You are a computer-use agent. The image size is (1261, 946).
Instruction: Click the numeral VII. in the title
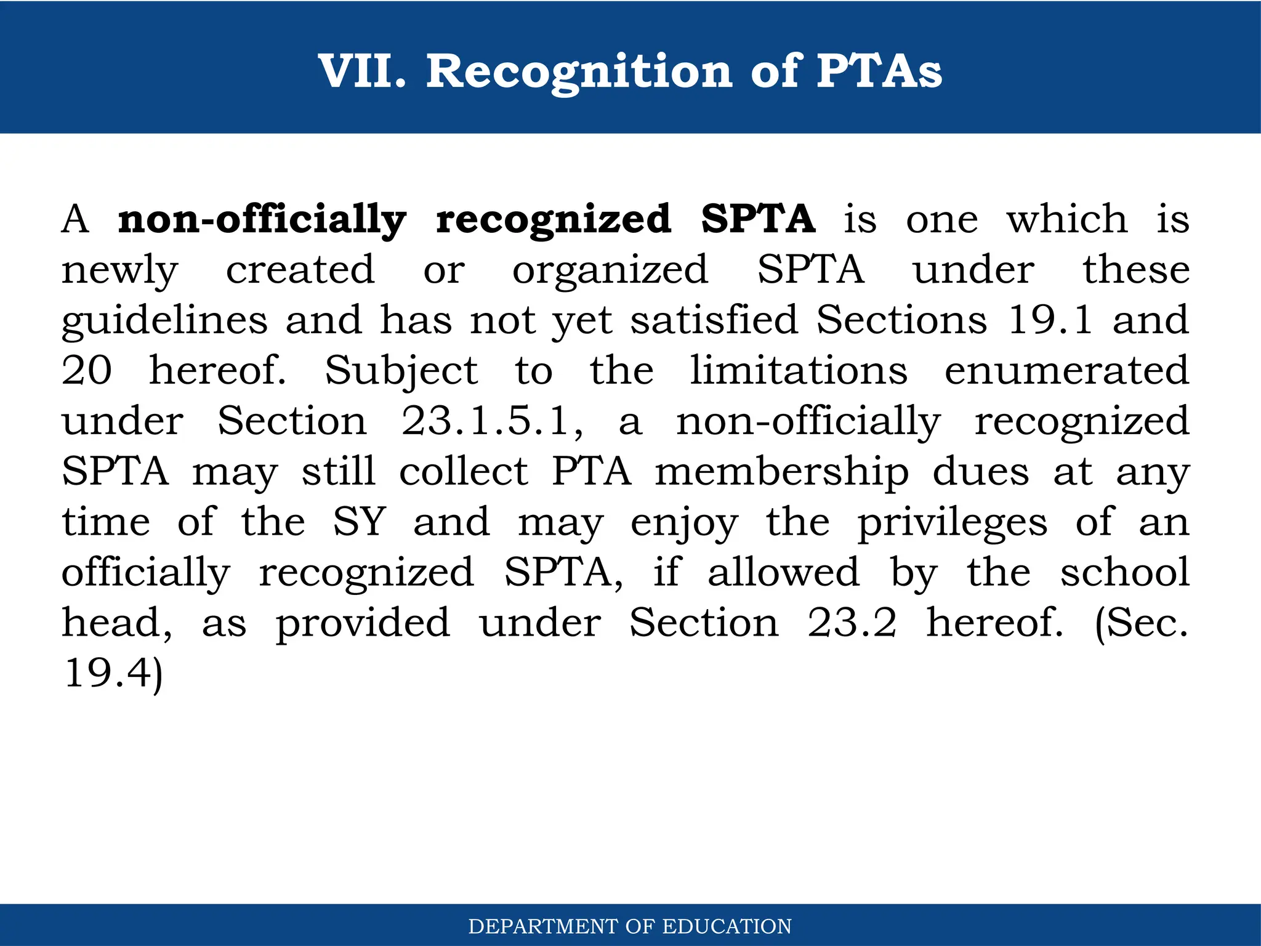click(x=362, y=71)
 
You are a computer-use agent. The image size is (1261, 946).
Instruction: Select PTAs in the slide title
click(x=879, y=71)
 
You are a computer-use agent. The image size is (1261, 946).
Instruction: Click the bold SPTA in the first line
click(x=759, y=219)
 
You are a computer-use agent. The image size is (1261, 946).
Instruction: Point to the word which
click(x=1067, y=219)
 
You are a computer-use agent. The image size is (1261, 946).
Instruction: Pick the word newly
click(x=120, y=271)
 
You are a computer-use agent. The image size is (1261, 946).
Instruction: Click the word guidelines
click(x=165, y=321)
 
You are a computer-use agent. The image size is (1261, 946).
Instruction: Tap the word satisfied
click(x=714, y=320)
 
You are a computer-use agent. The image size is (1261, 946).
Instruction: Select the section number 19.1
click(x=1050, y=320)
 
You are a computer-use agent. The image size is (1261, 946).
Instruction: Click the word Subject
click(x=401, y=372)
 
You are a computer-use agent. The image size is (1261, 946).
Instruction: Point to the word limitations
click(x=799, y=371)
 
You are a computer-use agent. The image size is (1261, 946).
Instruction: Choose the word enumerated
click(x=1066, y=371)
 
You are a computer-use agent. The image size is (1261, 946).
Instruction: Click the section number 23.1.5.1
click(x=493, y=422)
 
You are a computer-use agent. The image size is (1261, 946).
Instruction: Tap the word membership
click(x=782, y=473)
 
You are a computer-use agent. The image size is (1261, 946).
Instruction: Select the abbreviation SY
click(x=360, y=522)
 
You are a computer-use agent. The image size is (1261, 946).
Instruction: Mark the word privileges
click(x=953, y=524)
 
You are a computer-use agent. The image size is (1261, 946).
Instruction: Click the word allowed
click(x=783, y=573)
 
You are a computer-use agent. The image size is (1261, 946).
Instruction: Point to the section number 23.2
click(x=852, y=623)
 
